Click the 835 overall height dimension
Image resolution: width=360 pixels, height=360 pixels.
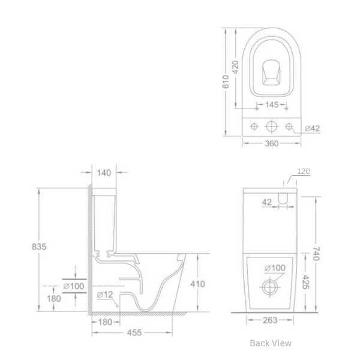[39, 247]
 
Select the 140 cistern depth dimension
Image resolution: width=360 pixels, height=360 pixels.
[104, 173]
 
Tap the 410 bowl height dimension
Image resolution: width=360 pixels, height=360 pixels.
[197, 284]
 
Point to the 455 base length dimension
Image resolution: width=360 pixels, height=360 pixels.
[134, 332]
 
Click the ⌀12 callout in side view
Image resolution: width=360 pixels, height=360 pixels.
[105, 295]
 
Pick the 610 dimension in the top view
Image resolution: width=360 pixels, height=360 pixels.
[226, 82]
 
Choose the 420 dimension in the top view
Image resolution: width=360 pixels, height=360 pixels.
[236, 67]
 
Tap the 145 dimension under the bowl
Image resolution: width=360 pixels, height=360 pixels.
[272, 104]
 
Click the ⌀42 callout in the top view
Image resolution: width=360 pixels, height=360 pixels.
[312, 128]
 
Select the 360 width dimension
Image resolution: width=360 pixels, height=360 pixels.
[272, 143]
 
